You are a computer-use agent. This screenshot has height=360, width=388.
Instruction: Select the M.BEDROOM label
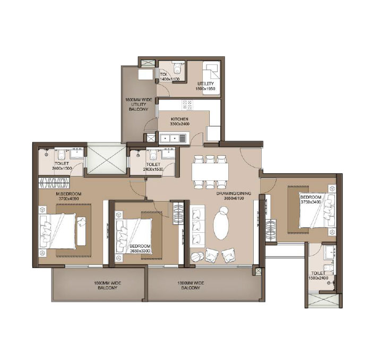(x=70, y=195)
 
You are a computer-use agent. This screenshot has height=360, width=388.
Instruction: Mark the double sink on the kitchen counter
(x=169, y=138)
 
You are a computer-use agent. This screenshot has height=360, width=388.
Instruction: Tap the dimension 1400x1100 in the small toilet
(x=169, y=79)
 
